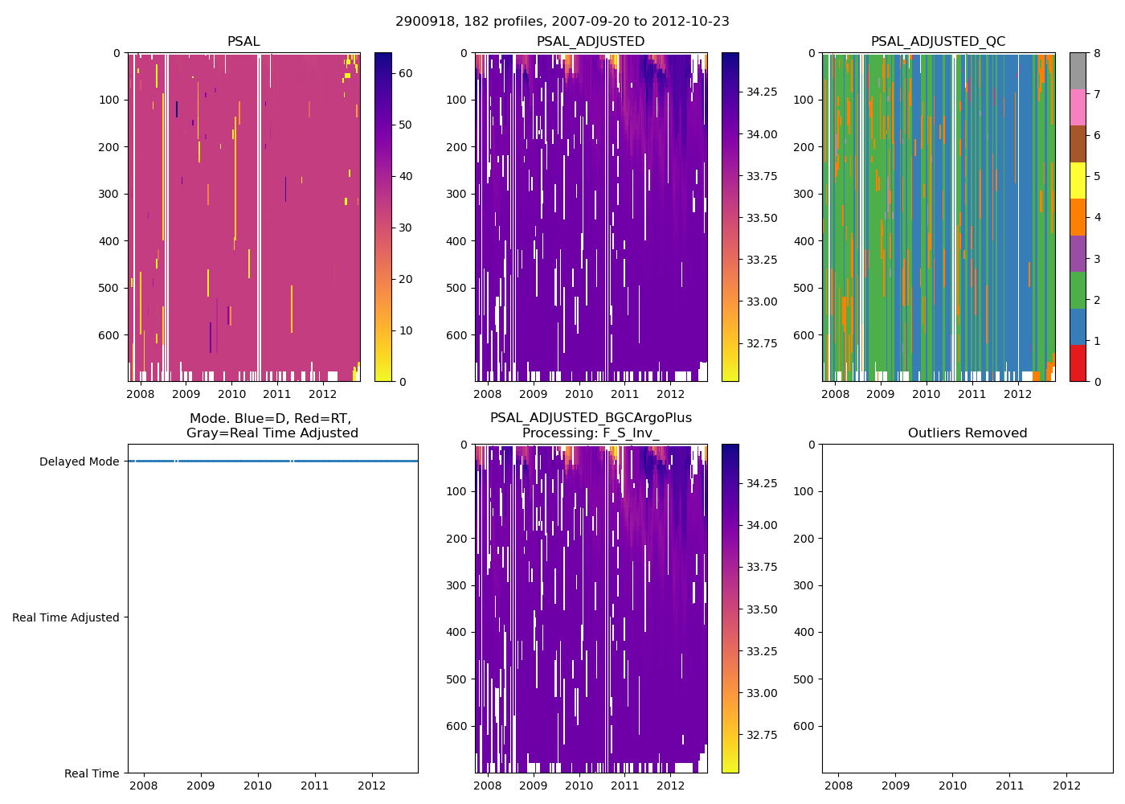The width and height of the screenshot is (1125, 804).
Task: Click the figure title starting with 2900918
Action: pyautogui.click(x=562, y=22)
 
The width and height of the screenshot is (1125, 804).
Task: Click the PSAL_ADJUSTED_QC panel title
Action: pyautogui.click(x=938, y=42)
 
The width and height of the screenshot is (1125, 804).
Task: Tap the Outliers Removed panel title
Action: pyautogui.click(x=967, y=433)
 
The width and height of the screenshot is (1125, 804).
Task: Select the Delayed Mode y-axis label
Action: pyautogui.click(x=79, y=462)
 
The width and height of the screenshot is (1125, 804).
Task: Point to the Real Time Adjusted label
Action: pyautogui.click(x=66, y=618)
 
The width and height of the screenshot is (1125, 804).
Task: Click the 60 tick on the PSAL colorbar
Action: pyautogui.click(x=406, y=73)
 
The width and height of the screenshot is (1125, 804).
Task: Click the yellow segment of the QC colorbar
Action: pyautogui.click(x=1078, y=181)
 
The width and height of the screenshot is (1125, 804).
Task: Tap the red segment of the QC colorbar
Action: pyautogui.click(x=1078, y=363)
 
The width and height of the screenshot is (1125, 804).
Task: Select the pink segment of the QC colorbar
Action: pyautogui.click(x=1078, y=108)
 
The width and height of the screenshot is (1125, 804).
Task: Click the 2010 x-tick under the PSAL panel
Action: pyautogui.click(x=231, y=395)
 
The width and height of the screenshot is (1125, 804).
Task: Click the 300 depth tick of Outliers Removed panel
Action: pyautogui.click(x=805, y=585)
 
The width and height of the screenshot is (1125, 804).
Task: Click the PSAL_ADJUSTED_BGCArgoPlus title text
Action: pyautogui.click(x=591, y=418)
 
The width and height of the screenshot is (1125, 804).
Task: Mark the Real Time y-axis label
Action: pyautogui.click(x=92, y=774)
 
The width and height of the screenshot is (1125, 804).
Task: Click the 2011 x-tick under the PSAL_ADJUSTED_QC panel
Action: pyautogui.click(x=972, y=395)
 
